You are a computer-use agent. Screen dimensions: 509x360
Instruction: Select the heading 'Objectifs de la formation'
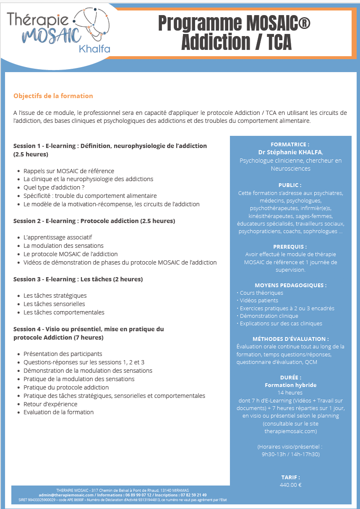[53, 96]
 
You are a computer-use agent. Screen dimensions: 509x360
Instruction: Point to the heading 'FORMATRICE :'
[290, 144]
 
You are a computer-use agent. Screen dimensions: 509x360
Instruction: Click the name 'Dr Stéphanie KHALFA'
[290, 152]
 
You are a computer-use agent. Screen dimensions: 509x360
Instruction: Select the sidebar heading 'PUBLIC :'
[290, 185]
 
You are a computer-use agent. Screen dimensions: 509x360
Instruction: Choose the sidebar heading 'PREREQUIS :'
[290, 247]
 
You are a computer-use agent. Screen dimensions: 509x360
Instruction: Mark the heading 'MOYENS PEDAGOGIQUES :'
[290, 285]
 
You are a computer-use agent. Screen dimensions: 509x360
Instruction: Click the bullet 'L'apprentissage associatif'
[58, 237]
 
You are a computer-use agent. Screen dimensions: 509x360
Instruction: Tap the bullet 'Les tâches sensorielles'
[54, 304]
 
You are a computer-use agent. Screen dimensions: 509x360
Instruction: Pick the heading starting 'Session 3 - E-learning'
[78, 279]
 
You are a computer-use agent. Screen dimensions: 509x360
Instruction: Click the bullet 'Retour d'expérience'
[50, 404]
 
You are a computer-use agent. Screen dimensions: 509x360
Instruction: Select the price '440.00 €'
[290, 485]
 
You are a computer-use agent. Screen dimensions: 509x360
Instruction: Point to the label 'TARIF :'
[290, 477]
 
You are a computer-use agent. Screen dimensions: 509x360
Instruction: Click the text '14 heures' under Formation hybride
[290, 393]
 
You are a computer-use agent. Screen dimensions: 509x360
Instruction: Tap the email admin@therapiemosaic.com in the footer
[66, 495]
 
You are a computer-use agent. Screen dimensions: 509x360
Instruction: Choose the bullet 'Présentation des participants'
[63, 354]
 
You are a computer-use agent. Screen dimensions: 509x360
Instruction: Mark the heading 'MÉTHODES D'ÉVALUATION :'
[290, 339]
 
